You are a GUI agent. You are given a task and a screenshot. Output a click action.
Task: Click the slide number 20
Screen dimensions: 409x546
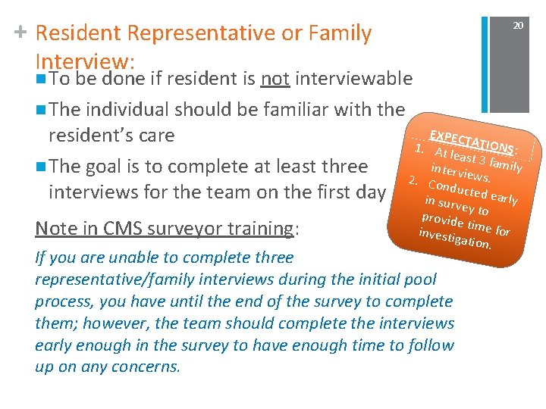pos(518,26)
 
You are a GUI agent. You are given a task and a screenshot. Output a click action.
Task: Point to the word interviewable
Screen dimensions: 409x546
pos(353,79)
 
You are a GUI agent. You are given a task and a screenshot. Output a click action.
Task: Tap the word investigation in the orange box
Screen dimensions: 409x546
pos(455,239)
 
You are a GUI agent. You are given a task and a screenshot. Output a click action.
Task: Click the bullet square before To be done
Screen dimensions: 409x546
pos(39,80)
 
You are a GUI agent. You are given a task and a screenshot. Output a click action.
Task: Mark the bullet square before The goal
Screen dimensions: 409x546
pos(39,167)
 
